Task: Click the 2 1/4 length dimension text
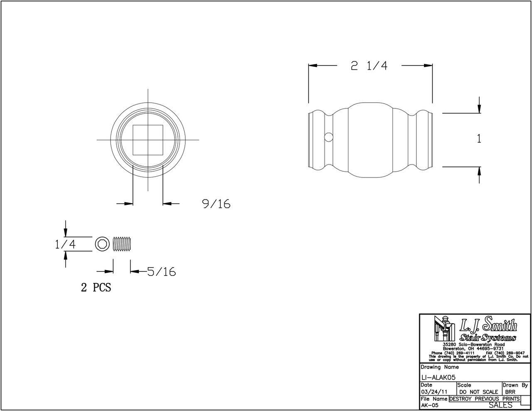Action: coord(369,66)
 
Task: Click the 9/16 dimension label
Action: coord(216,204)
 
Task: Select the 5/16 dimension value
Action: coord(161,272)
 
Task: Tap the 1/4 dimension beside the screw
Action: coord(64,244)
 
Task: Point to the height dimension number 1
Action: coord(479,139)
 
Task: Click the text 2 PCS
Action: coord(96,288)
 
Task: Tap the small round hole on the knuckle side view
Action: coord(328,137)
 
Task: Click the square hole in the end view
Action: coord(148,140)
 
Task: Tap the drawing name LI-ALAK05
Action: coord(438,377)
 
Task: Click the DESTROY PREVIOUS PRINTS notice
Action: coord(484,399)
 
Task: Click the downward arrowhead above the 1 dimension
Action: coord(479,109)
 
